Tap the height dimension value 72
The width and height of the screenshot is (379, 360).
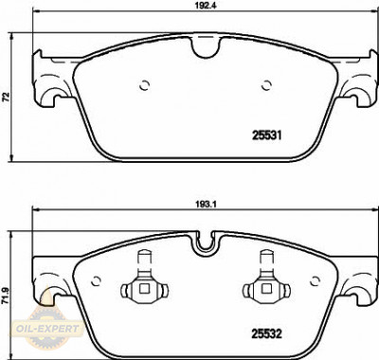pyautogui.click(x=6, y=97)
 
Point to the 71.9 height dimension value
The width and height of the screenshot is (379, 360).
pyautogui.click(x=6, y=297)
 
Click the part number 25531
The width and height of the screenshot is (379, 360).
pyautogui.click(x=266, y=135)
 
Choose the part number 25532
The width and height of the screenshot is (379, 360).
pyautogui.click(x=266, y=333)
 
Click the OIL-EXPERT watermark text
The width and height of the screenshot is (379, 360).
pyautogui.click(x=47, y=329)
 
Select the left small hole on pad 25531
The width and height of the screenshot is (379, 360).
pyautogui.click(x=145, y=85)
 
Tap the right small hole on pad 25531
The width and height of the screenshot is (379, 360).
pyautogui.click(x=266, y=85)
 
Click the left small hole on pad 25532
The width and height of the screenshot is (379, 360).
pyautogui.click(x=96, y=281)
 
